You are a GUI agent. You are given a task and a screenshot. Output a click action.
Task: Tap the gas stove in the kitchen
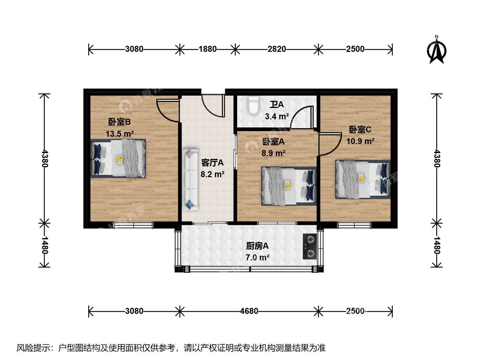point(310,247)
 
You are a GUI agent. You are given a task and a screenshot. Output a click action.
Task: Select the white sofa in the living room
point(190,180)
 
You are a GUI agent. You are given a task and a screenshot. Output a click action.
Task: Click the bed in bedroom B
point(118,158)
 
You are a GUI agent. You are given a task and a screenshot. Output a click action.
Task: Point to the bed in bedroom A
point(289,186)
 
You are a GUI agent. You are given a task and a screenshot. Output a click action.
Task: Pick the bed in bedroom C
point(363,179)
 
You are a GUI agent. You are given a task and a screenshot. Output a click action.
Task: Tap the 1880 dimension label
point(207,49)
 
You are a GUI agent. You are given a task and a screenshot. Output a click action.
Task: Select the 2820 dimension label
point(277,49)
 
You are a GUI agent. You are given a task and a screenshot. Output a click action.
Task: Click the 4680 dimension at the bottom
point(249,311)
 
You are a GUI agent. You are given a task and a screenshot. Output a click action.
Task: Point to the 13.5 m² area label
point(120,134)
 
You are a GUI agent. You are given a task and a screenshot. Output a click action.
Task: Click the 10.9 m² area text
point(360,141)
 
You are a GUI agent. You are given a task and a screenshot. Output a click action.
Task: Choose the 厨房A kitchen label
point(257,246)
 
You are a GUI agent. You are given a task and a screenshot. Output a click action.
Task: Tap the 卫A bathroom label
point(277,105)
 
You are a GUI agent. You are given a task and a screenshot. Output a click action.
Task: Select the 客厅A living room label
point(212,163)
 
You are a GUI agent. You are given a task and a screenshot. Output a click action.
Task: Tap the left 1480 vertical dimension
point(44,245)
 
